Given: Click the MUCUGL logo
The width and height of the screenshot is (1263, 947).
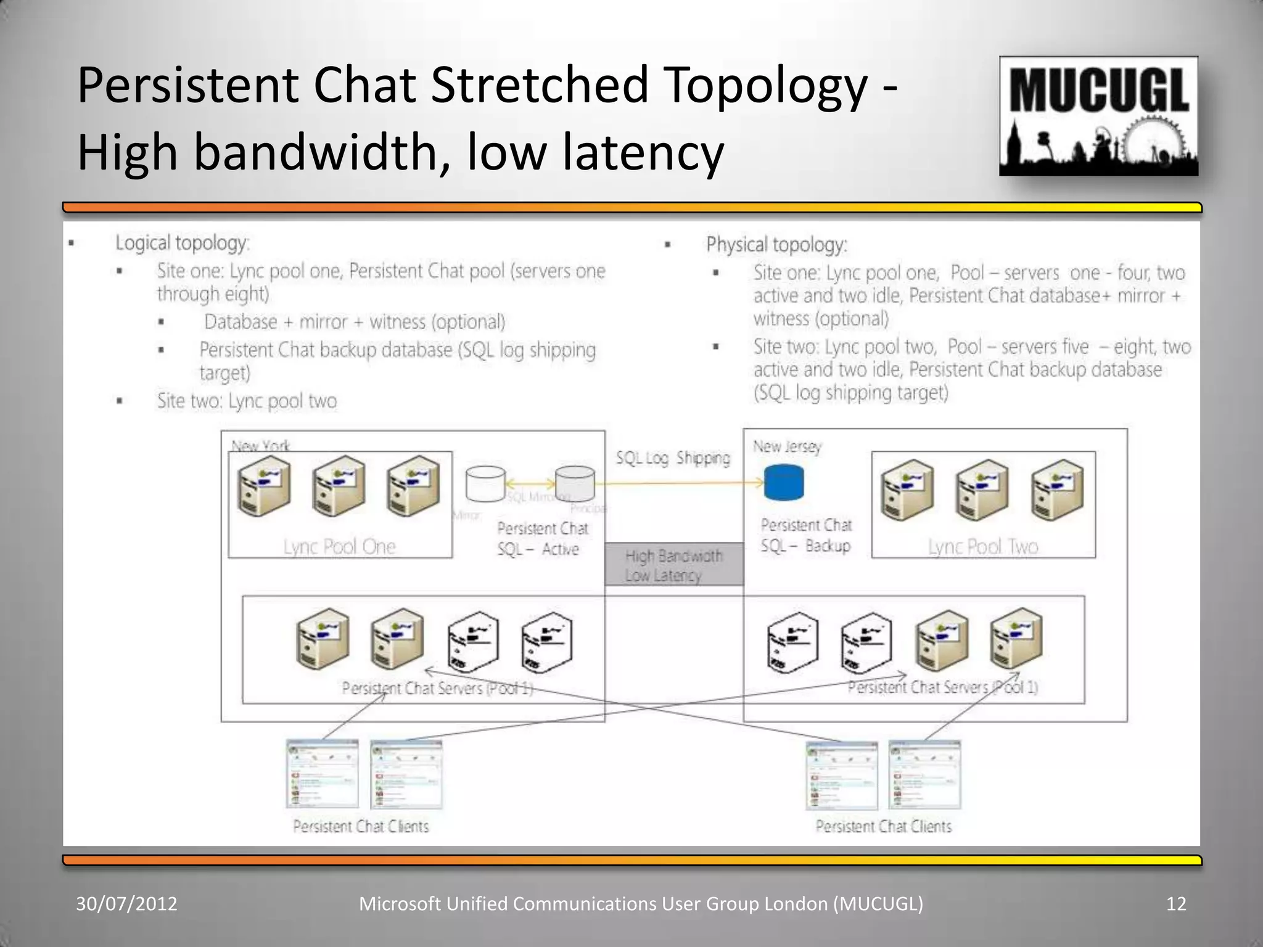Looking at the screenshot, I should point(1098,116).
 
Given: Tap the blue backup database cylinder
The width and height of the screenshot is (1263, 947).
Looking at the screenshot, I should point(784,483).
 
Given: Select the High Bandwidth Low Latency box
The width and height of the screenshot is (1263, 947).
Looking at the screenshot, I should point(674,565).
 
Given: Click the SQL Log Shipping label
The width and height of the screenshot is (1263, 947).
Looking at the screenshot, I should point(673,458).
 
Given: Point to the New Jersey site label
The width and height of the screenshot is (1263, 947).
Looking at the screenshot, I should point(787,446).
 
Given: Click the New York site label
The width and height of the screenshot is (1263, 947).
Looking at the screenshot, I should point(260,445).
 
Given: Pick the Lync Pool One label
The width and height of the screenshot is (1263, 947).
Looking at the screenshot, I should point(339,546).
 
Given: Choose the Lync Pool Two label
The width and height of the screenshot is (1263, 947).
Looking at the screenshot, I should point(983,546).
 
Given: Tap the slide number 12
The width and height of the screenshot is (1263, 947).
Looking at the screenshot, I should point(1176,904).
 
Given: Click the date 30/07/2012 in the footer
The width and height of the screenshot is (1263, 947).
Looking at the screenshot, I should point(126,904).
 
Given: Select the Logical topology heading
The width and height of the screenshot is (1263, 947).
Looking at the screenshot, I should point(183,243).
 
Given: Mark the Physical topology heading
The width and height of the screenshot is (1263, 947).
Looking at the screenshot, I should point(776,245).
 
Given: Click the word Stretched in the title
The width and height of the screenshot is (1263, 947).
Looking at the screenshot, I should point(540,85).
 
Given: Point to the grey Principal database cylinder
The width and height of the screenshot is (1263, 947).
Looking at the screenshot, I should point(575,483).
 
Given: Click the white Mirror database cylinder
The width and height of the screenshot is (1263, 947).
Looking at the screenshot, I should point(485,483).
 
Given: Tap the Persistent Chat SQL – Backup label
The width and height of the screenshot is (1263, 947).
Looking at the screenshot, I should point(806,535).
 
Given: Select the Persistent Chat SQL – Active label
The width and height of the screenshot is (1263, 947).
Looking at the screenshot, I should point(542,539).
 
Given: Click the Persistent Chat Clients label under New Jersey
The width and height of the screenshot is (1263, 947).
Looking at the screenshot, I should point(883,826).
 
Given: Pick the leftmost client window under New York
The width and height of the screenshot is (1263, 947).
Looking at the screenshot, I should point(323,774).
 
